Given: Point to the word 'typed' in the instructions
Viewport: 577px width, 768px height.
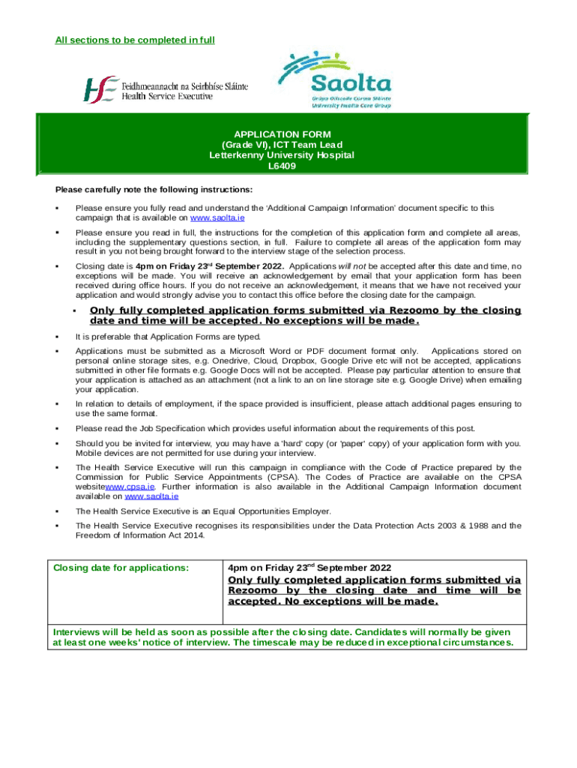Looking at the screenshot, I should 249,336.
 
